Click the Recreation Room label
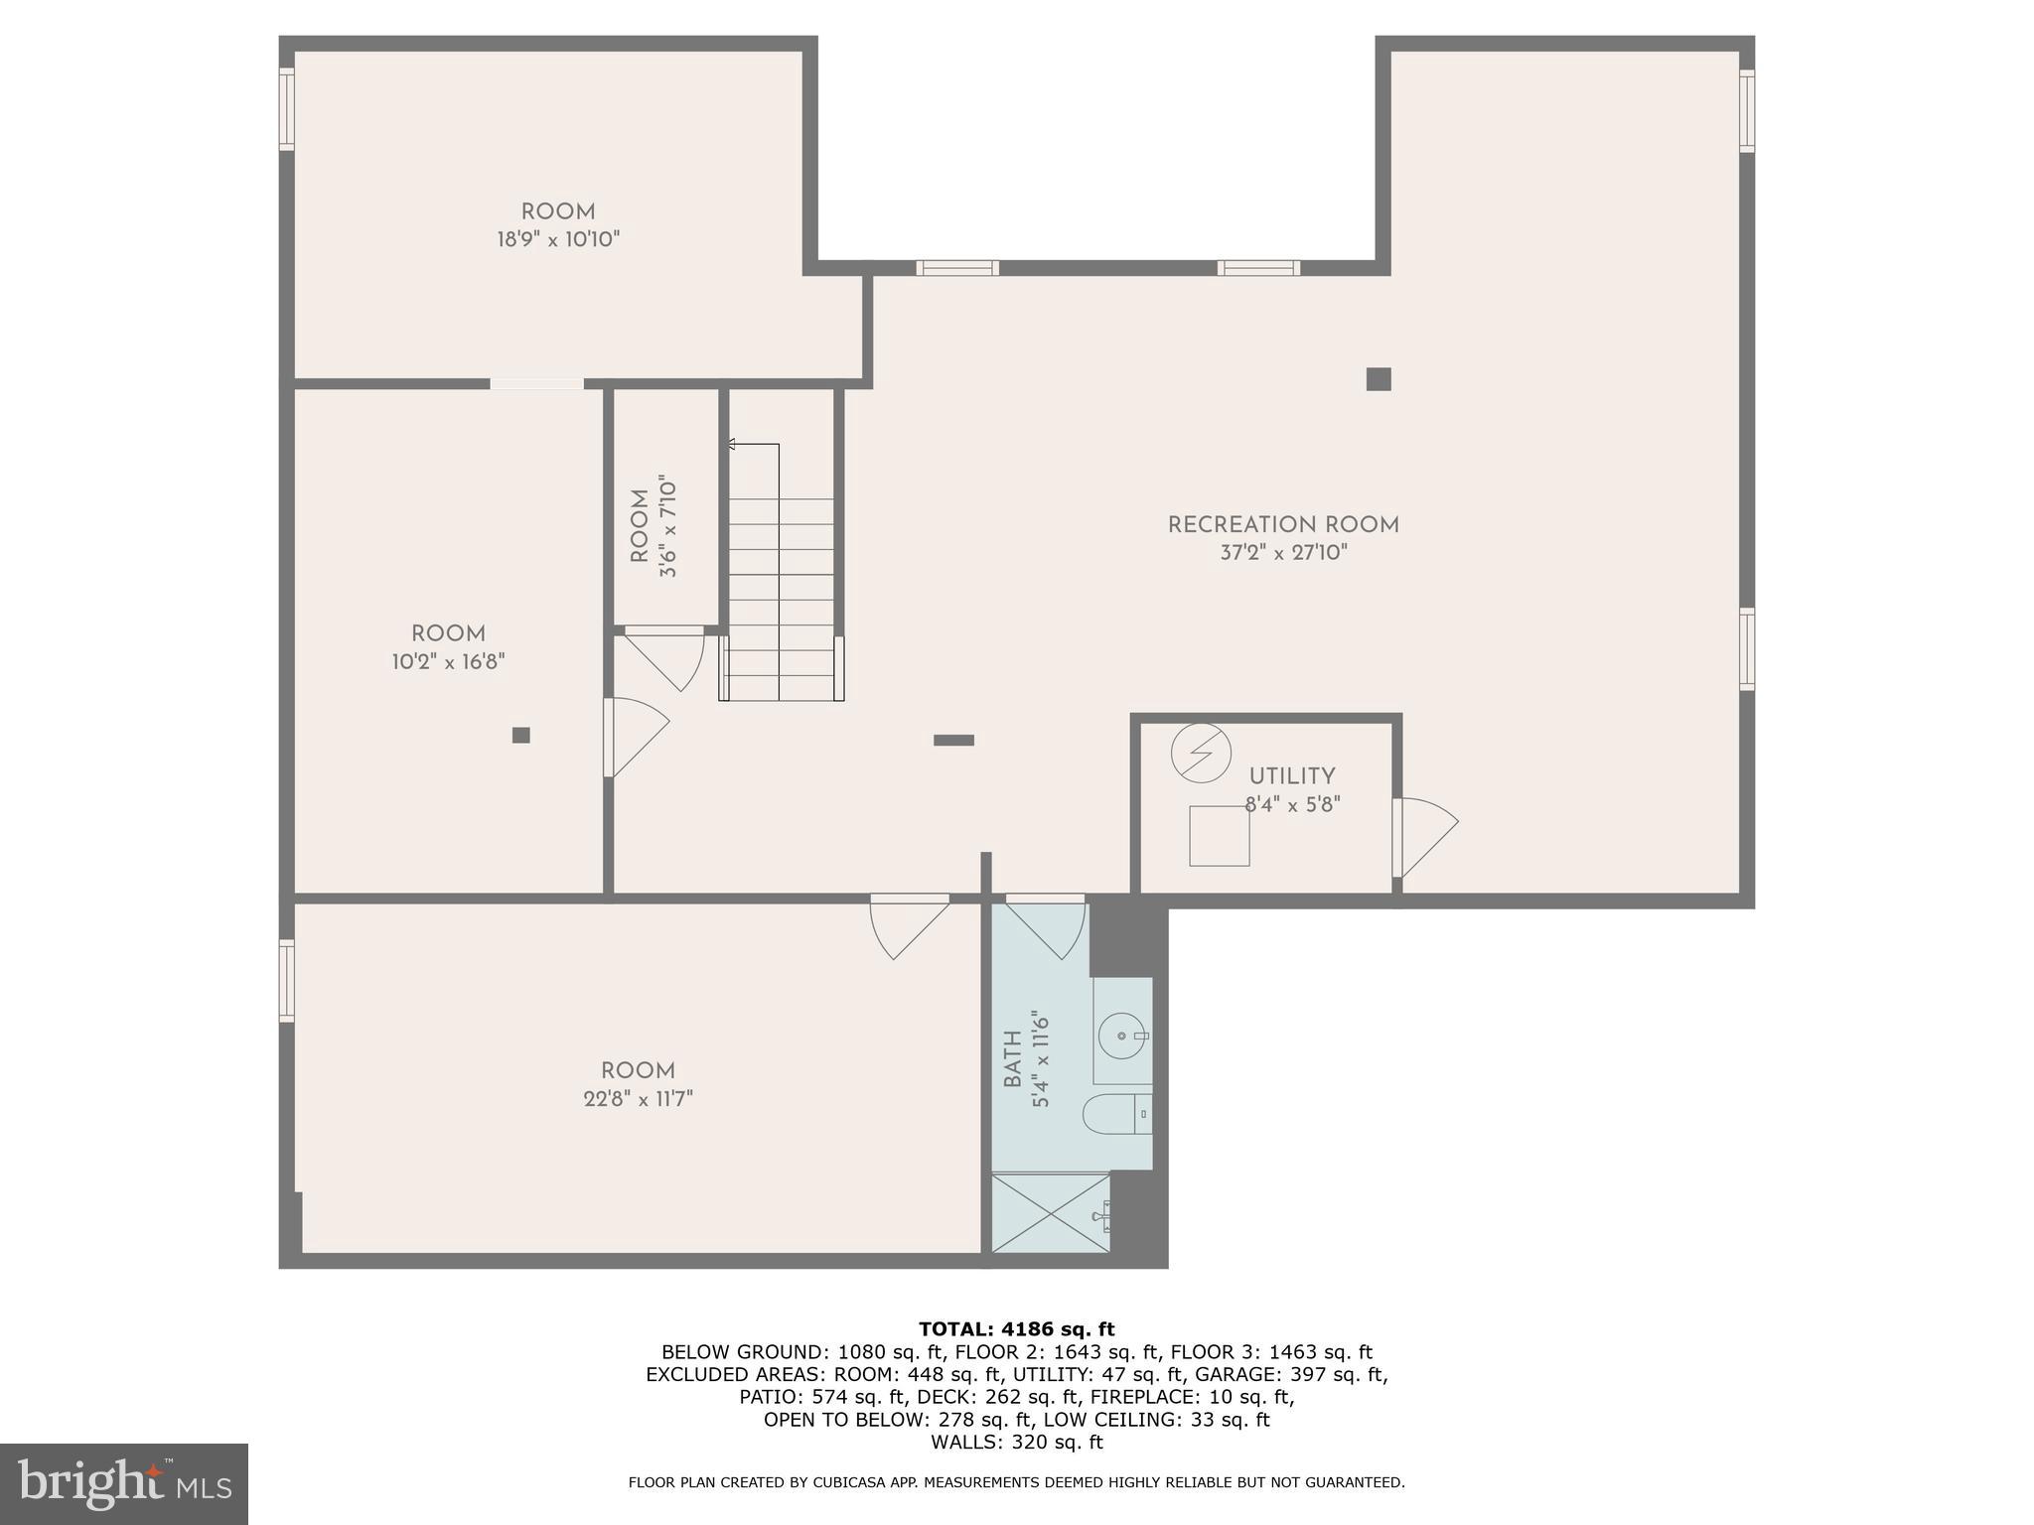click(x=1283, y=525)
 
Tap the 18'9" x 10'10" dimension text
click(x=558, y=239)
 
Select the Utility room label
click(x=1291, y=776)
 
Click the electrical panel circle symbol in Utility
click(x=1201, y=754)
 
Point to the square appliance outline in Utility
click(x=1219, y=836)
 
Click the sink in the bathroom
click(x=1122, y=1036)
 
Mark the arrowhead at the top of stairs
click(x=732, y=445)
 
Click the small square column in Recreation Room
click(x=1378, y=379)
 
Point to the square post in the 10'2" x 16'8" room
click(x=520, y=736)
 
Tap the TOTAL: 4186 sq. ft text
click(x=1016, y=1329)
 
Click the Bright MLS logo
click(x=123, y=1483)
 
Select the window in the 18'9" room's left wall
click(x=287, y=109)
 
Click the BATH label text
click(x=1012, y=1058)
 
